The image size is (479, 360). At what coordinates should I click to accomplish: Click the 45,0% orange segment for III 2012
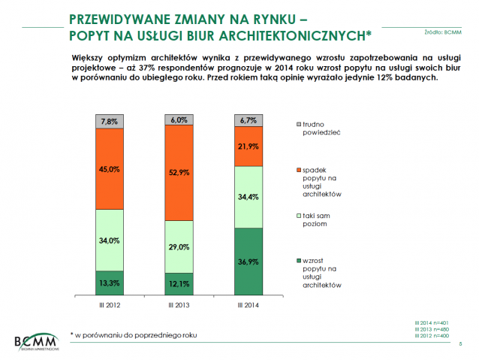(109, 168)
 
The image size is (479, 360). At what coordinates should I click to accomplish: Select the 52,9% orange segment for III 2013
(179, 172)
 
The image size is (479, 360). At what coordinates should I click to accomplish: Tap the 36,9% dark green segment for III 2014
(249, 261)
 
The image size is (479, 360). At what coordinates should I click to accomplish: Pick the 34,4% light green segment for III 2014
(249, 197)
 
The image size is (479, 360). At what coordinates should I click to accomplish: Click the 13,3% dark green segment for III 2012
(109, 282)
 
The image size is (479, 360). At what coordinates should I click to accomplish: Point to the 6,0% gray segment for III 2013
(179, 119)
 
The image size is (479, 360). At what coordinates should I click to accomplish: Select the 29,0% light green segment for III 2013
(179, 246)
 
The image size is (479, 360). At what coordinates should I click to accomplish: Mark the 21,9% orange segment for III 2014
(249, 146)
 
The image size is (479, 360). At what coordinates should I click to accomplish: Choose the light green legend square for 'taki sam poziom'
(298, 216)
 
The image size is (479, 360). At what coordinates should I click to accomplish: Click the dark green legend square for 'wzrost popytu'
(298, 260)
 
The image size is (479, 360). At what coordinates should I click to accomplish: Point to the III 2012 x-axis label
(109, 304)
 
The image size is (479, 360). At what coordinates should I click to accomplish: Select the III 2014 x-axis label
(249, 304)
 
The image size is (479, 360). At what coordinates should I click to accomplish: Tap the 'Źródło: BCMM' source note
(443, 32)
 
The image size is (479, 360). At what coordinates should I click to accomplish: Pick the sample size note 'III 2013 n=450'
(435, 328)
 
